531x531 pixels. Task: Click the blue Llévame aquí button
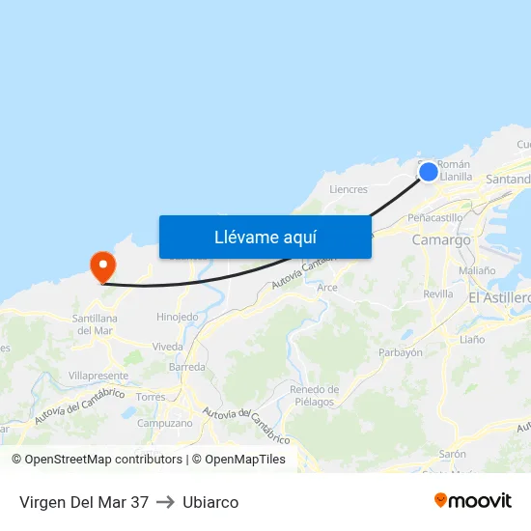[265, 237]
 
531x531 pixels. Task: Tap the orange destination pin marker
[102, 265]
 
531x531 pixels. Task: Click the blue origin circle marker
[429, 172]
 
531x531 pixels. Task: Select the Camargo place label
[441, 240]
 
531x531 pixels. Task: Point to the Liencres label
[349, 190]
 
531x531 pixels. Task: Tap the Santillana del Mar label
[95, 324]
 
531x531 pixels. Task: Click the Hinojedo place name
[178, 317]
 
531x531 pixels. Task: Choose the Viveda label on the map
[167, 347]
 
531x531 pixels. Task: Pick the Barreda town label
[187, 368]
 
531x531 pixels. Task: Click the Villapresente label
[98, 376]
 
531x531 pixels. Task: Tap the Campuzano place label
[165, 423]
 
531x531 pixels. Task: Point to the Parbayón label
[401, 353]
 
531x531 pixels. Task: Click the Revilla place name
[437, 294]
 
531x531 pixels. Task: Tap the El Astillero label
[499, 299]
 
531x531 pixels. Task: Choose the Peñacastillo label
[436, 218]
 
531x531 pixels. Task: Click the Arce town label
[327, 288]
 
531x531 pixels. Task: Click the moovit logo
[472, 501]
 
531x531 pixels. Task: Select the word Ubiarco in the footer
[210, 502]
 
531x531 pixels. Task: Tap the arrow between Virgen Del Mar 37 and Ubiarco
[165, 502]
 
